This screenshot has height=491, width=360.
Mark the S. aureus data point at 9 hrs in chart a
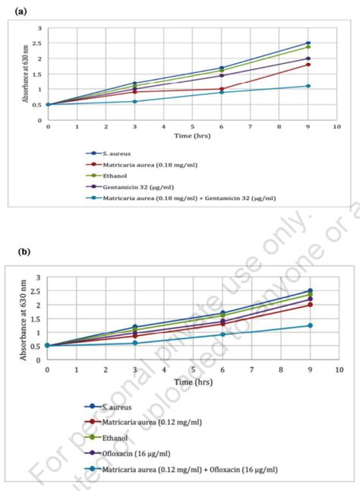tap(308, 43)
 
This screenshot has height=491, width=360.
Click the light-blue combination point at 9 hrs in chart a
tap(308, 86)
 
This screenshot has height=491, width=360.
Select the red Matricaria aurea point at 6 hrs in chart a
tap(221, 89)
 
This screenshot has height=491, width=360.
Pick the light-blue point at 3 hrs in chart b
tap(134, 343)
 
